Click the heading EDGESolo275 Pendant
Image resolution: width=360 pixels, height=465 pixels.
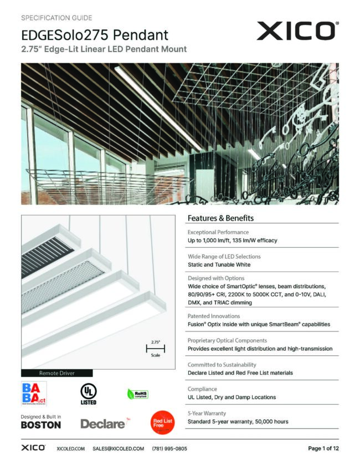point(95,35)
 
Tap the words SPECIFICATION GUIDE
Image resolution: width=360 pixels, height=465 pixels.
point(56,18)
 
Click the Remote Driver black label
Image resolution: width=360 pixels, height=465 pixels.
point(56,373)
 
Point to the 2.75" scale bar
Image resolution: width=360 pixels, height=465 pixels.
point(156,348)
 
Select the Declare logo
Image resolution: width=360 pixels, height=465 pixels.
point(103,424)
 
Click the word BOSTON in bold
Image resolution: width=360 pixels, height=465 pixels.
point(41,425)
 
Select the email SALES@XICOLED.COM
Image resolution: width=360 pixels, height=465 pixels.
point(118,448)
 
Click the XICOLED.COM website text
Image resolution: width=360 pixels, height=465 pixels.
point(70,448)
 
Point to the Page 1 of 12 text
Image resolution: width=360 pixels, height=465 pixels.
point(323,448)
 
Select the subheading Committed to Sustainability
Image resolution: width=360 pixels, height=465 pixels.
point(222,365)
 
